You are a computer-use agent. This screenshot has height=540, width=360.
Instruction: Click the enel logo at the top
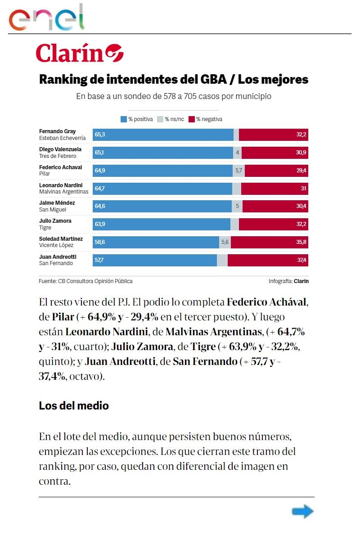(x=47, y=18)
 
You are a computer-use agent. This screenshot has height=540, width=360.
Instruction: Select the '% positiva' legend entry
(x=137, y=119)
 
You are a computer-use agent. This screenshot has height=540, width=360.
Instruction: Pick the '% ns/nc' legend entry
(x=171, y=119)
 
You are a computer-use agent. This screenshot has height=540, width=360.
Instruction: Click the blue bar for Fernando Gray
(x=163, y=135)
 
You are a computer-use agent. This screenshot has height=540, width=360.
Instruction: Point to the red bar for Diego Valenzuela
(x=274, y=153)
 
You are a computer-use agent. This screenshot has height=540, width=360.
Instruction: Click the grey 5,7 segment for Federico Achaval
(x=238, y=171)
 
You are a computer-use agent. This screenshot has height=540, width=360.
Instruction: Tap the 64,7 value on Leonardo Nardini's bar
(x=99, y=189)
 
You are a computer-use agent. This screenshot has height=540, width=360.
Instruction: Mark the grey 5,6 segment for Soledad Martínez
(x=225, y=242)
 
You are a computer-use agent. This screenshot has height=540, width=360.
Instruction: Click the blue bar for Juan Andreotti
(x=155, y=260)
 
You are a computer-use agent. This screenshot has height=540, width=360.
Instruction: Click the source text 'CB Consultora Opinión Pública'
(x=95, y=281)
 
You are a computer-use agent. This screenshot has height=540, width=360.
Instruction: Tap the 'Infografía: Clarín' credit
(x=288, y=281)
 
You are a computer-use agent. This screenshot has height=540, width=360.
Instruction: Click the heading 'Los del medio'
(x=74, y=405)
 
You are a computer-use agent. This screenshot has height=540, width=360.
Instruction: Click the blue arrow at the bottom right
(x=302, y=511)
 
